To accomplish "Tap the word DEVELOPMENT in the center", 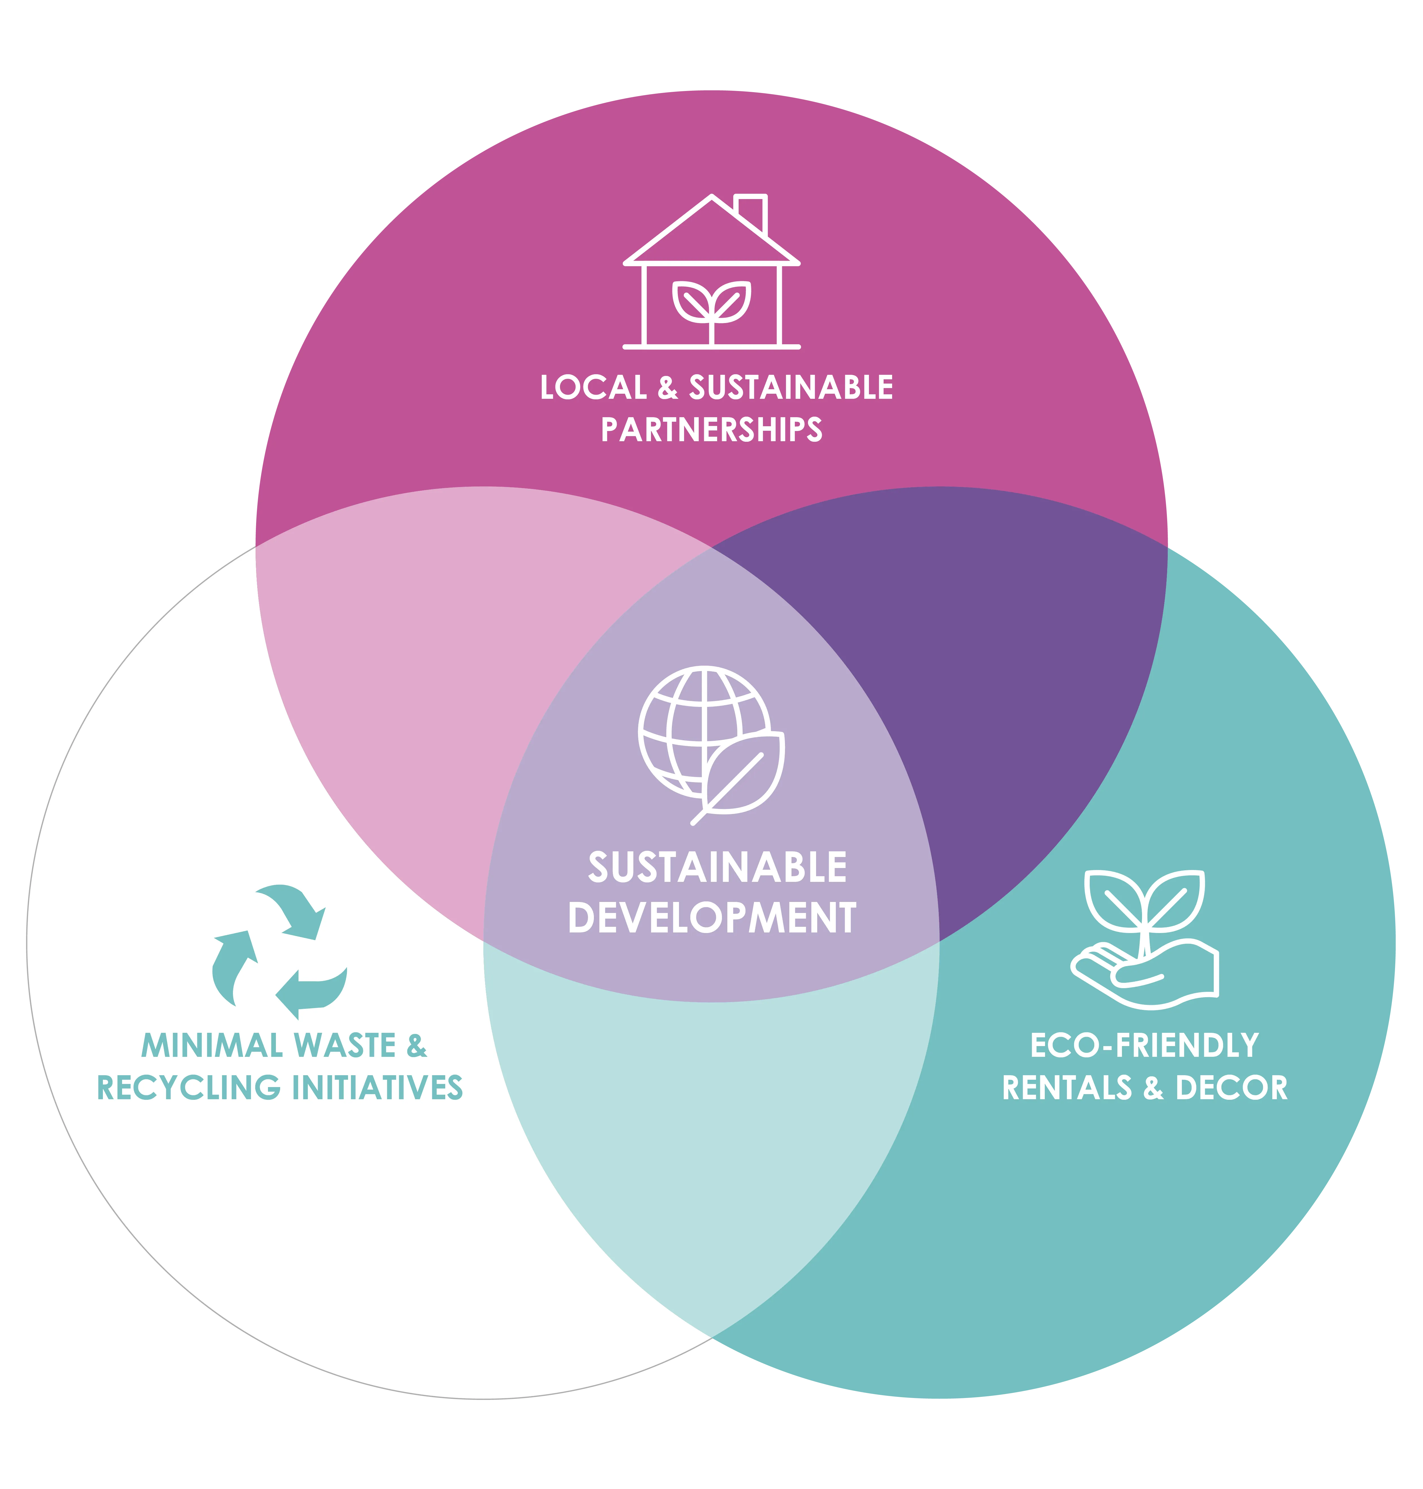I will coord(711,918).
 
